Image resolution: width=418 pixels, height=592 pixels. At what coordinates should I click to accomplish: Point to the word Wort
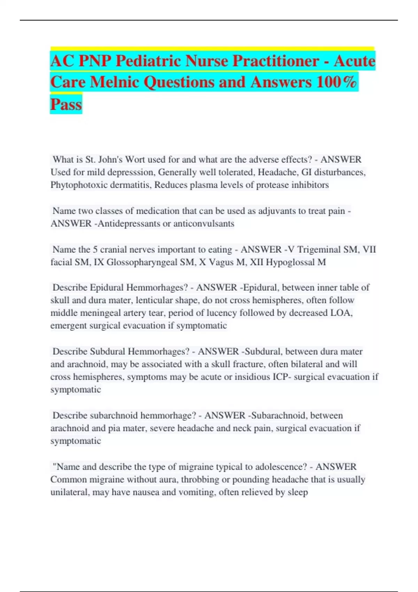coord(135,159)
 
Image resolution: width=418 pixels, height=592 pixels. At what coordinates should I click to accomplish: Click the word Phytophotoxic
coord(79,185)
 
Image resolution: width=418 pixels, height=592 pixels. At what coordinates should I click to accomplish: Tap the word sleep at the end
coord(297,492)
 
